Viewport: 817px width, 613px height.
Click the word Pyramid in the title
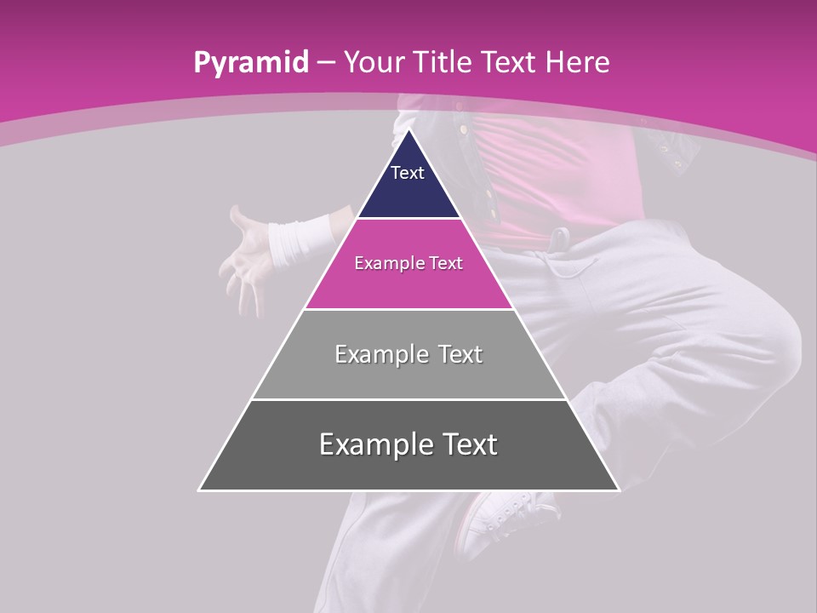[x=250, y=63]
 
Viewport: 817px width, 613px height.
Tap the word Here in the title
[x=578, y=62]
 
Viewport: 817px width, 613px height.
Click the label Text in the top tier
[x=408, y=173]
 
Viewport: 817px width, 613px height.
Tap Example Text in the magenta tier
[x=408, y=263]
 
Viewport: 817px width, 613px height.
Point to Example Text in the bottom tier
[x=408, y=444]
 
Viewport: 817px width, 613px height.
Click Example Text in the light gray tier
[x=408, y=354]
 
